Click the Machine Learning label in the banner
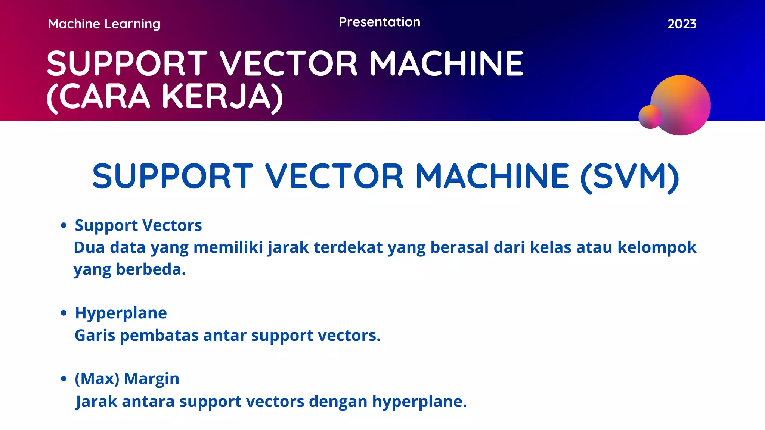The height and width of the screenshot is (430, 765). [x=104, y=24]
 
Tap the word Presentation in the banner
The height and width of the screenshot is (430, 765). [x=380, y=22]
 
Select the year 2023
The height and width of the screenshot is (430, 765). [x=682, y=24]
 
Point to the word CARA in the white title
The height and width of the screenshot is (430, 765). [x=105, y=97]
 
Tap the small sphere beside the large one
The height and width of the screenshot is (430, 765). [x=650, y=117]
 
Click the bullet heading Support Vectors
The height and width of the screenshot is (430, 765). [x=138, y=225]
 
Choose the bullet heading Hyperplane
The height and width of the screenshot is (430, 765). [x=121, y=313]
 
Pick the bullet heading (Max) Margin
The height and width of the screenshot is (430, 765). [x=127, y=378]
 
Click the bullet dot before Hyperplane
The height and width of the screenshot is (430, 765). [x=64, y=313]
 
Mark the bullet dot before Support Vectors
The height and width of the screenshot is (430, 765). [x=64, y=225]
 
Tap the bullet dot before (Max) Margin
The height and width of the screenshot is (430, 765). [x=64, y=379]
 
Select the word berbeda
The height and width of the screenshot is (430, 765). [x=151, y=269]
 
